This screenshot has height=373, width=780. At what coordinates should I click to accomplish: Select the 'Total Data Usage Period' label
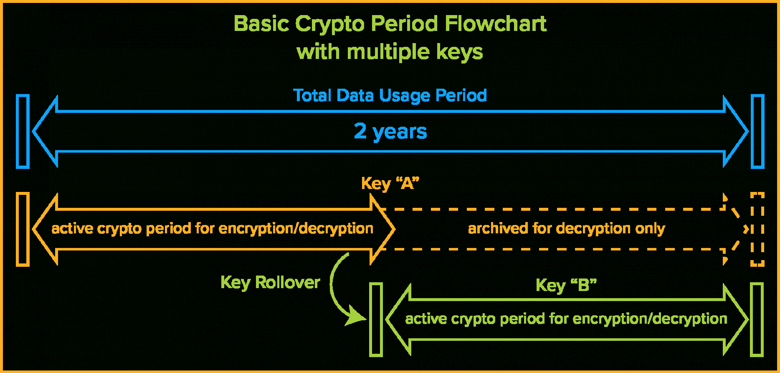click(x=390, y=96)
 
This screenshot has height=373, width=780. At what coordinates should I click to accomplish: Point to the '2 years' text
click(x=390, y=132)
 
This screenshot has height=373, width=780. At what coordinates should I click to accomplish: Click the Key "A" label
click(x=390, y=183)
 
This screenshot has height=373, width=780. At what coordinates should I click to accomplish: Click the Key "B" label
click(x=566, y=285)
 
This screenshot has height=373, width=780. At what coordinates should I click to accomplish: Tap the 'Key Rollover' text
click(x=270, y=283)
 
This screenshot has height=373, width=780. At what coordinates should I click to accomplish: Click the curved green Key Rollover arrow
click(x=332, y=289)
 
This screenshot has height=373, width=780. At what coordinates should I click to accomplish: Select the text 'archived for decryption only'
click(x=566, y=229)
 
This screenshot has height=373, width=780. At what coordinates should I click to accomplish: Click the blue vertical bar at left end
click(x=23, y=132)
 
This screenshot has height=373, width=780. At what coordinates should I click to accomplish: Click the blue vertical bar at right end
click(x=757, y=132)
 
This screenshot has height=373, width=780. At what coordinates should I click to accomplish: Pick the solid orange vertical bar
click(x=23, y=229)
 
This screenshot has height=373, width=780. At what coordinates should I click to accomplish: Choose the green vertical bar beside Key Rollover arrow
click(x=376, y=320)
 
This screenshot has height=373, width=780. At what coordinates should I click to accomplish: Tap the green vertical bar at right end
click(x=757, y=320)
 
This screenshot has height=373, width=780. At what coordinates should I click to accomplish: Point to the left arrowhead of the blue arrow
click(x=44, y=132)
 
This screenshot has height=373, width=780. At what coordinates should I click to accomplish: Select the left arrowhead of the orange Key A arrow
click(x=44, y=229)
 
